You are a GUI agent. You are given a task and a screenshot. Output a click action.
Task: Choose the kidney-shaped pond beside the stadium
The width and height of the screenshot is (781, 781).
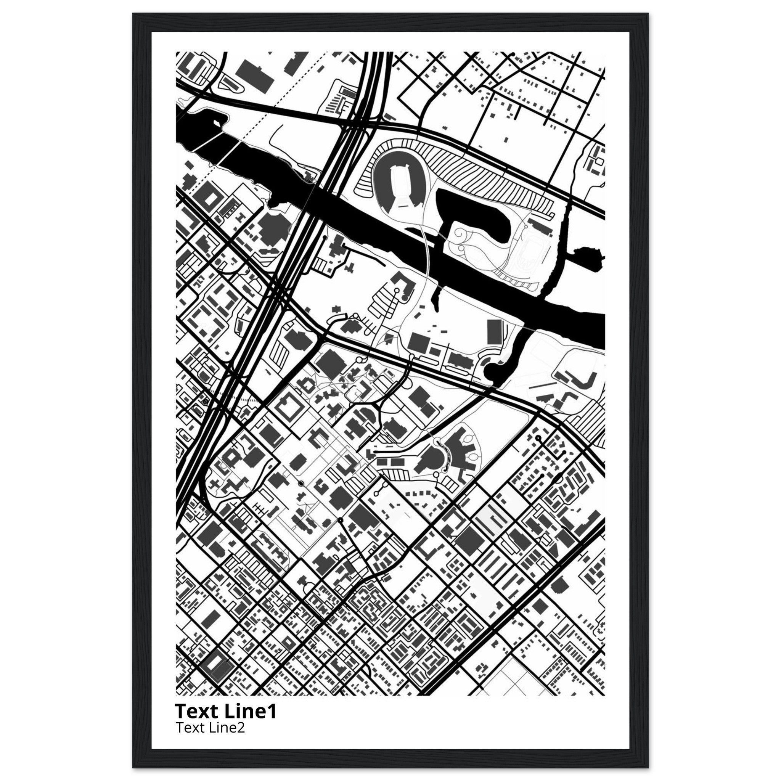click(x=473, y=210)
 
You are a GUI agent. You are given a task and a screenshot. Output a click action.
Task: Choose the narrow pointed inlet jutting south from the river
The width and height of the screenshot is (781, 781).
click(x=437, y=299)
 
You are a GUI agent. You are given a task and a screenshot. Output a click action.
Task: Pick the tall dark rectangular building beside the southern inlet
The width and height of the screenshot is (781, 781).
click(x=495, y=331)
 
